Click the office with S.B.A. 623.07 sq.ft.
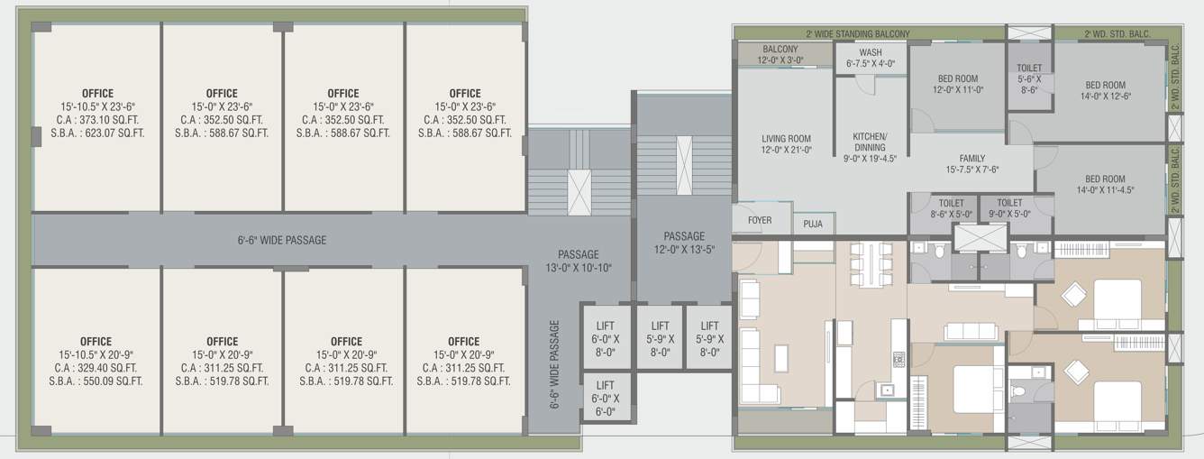97,113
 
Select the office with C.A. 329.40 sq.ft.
96,361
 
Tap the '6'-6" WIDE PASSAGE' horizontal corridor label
282,240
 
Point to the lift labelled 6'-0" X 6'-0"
605,398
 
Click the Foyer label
760,220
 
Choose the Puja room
813,223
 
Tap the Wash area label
871,58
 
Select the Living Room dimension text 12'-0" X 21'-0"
786,151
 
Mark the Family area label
972,164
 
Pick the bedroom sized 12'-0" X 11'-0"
956,84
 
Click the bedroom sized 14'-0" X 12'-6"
1106,90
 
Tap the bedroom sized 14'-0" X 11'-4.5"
1105,184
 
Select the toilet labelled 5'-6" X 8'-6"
1029,78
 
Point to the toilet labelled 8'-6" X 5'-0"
952,208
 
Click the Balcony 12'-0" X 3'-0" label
780,55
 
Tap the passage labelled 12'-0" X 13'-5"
684,243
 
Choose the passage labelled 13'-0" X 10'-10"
578,261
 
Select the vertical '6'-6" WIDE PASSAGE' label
555,364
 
